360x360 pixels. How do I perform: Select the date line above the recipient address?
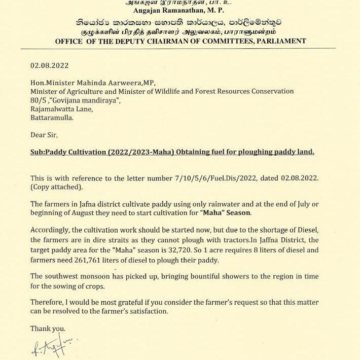[x=49, y=66]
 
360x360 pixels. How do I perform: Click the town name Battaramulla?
[x=52, y=118]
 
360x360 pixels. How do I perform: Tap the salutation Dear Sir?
[x=44, y=135]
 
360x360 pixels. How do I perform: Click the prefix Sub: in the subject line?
[x=38, y=152]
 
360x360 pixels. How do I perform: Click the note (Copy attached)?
[x=56, y=187]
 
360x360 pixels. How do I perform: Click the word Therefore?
[x=48, y=302]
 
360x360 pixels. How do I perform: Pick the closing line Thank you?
[x=48, y=328]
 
